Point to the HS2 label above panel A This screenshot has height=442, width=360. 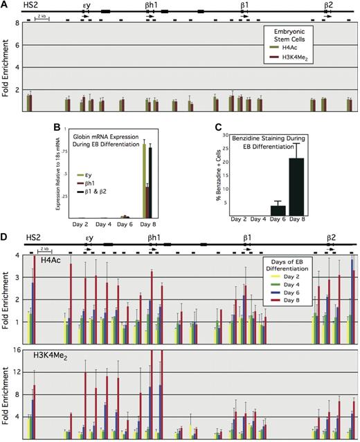click(30, 4)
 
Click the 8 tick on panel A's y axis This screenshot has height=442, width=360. click(17, 24)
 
